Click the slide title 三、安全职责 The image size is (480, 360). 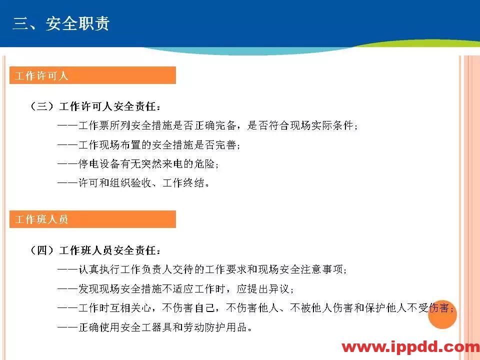[x=60, y=23]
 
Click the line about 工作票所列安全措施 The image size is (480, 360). [x=208, y=125]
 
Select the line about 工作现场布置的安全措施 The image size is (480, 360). [x=149, y=145]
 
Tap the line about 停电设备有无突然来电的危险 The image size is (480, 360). [x=138, y=164]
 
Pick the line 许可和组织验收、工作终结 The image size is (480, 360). [x=133, y=183]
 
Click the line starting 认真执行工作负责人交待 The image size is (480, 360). [x=202, y=269]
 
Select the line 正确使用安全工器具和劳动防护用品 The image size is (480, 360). [x=154, y=327]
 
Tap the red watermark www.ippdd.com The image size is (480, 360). [x=410, y=347]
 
